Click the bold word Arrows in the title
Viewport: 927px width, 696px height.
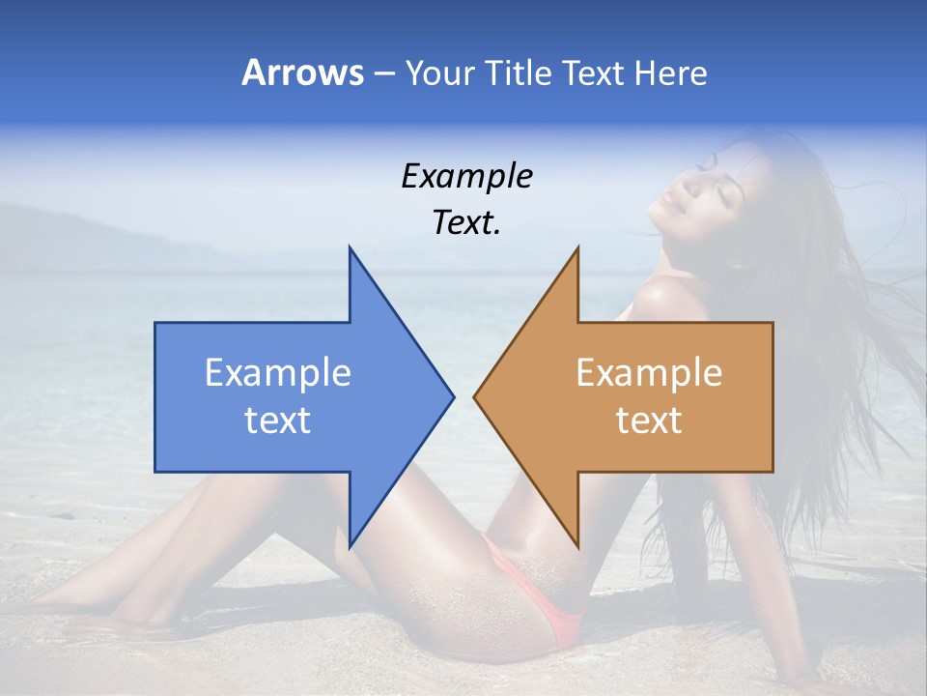[302, 72]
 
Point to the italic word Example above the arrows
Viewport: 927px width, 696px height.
[466, 176]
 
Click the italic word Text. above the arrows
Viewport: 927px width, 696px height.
[466, 223]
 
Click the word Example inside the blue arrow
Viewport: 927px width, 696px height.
[278, 373]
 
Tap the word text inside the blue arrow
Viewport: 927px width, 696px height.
[278, 420]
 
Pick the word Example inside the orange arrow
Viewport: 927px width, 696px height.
[649, 373]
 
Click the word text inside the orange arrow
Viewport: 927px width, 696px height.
[649, 420]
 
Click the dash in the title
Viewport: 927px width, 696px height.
[383, 73]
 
